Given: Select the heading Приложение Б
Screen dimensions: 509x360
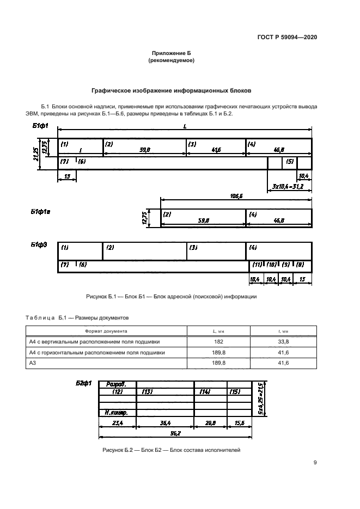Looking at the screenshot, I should (x=172, y=53).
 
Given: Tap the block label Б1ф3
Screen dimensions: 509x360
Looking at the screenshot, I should (x=39, y=246).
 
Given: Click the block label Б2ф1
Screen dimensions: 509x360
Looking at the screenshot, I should (x=83, y=383).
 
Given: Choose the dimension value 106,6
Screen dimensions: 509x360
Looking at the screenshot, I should (x=236, y=195).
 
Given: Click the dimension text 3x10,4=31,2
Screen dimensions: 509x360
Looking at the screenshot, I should (x=288, y=186).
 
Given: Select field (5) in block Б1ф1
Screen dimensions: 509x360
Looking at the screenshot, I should (x=290, y=162).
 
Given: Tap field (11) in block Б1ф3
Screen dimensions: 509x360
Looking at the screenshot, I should (x=256, y=265).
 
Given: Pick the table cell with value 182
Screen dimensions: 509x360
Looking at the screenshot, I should (x=218, y=341).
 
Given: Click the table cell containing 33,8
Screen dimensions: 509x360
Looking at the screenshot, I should (x=281, y=341).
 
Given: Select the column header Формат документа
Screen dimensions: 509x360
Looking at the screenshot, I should (x=106, y=330).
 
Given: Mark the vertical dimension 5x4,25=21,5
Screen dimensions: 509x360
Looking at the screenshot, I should (x=261, y=398).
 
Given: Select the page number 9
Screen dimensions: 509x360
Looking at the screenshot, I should (x=315, y=463).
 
